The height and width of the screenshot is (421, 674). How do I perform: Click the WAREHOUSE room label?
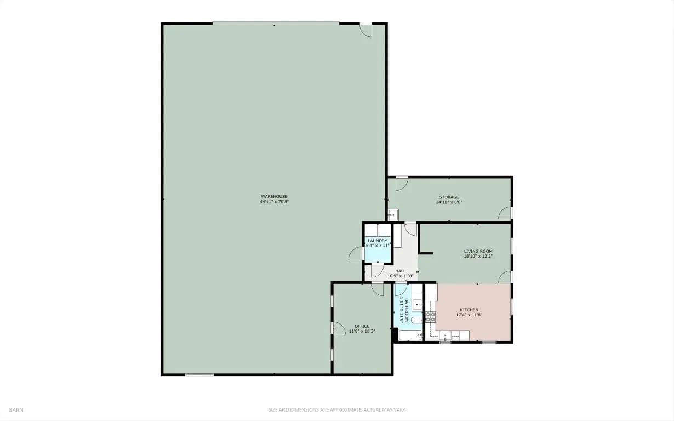click(x=274, y=196)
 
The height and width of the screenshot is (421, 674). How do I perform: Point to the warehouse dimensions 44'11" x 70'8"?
click(x=274, y=202)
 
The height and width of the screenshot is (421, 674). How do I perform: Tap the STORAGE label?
click(x=449, y=197)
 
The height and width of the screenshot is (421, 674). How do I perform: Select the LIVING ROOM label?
click(x=478, y=251)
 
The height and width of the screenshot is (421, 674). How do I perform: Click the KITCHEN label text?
click(x=469, y=310)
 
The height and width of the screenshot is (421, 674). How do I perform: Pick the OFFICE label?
click(x=362, y=326)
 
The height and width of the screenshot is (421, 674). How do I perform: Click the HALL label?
click(x=400, y=271)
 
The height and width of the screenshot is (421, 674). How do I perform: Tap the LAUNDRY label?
click(x=378, y=241)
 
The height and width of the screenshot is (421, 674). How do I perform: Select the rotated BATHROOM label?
click(x=407, y=310)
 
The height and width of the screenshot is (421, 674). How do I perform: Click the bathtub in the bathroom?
click(x=411, y=335)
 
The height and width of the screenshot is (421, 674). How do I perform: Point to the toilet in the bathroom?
click(x=417, y=320)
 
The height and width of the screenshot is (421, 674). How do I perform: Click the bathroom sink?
click(x=418, y=305)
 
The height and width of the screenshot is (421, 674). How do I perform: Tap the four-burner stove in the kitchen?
click(x=430, y=317)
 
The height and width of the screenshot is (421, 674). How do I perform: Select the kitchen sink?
click(x=445, y=335)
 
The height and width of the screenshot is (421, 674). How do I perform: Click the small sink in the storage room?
click(x=393, y=215)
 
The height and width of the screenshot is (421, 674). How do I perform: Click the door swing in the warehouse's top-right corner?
click(x=366, y=30)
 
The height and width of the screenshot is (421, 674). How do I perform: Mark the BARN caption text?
click(x=16, y=410)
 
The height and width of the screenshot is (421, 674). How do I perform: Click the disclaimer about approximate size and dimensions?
click(x=337, y=410)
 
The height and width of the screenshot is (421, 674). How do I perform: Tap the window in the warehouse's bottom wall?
click(x=199, y=374)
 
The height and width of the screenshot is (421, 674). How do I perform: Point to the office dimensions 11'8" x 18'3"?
click(x=362, y=331)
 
